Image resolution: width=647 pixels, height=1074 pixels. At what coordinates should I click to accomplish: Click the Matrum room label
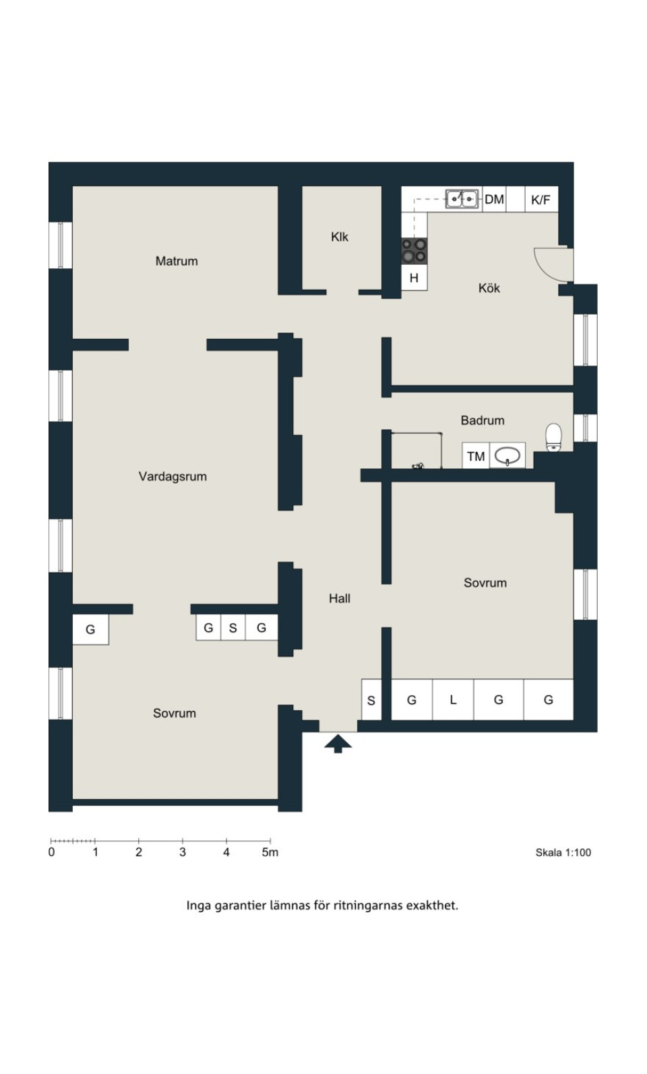coord(177,261)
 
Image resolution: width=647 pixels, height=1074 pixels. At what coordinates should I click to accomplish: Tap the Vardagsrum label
coord(173,476)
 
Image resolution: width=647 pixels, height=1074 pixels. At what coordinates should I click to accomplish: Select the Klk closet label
coord(340,237)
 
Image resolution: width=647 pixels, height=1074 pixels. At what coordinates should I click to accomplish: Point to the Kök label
coord(489,288)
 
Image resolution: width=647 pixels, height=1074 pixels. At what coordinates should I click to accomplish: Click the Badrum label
coord(483,420)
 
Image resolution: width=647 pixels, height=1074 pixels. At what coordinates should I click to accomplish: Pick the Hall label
coord(340,598)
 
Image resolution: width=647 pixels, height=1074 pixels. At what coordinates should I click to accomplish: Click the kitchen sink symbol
coord(462,199)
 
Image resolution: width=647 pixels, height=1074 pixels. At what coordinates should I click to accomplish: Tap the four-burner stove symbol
coord(414,251)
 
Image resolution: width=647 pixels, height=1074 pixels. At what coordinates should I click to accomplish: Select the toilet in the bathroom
coord(553,437)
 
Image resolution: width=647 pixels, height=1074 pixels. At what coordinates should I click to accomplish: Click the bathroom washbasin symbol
coord(507,455)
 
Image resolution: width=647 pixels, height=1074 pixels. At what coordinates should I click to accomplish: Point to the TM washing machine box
coord(476,456)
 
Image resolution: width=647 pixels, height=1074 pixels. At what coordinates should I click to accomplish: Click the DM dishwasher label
coord(494,199)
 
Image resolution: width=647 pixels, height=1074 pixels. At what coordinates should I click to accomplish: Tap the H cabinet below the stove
coord(414,278)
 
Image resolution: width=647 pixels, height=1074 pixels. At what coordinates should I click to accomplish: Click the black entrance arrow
coord(338,743)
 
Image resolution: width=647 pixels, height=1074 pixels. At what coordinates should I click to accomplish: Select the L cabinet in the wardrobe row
coord(453,699)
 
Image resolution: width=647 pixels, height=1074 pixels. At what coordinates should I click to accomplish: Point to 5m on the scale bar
coord(270,852)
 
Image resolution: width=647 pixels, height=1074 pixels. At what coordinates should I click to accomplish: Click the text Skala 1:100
coord(563,852)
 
